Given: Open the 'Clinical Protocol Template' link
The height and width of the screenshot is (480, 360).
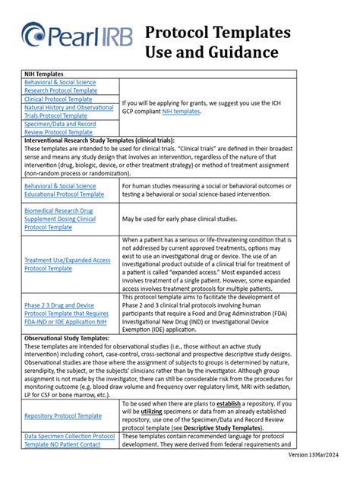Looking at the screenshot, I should point(65,98).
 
